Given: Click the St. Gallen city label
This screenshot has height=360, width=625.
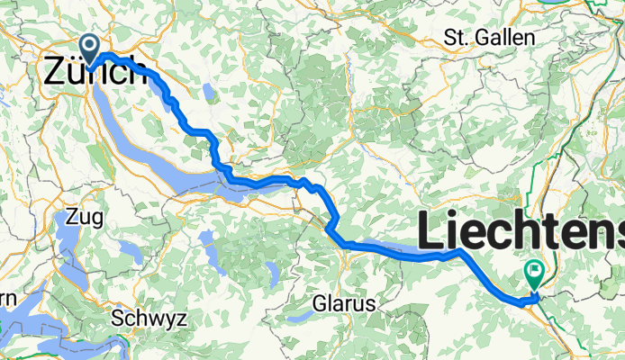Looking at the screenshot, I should tap(490, 38).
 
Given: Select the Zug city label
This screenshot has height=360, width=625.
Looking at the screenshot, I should tap(84, 217).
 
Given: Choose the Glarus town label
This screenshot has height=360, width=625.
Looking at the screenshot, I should tap(345, 304).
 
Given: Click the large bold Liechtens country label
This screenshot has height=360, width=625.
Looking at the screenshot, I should tap(521, 233).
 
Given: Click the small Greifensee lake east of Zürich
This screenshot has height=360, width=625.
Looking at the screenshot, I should tap(209, 92).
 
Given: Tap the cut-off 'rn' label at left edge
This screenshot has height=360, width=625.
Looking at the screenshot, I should tap(7, 299).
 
